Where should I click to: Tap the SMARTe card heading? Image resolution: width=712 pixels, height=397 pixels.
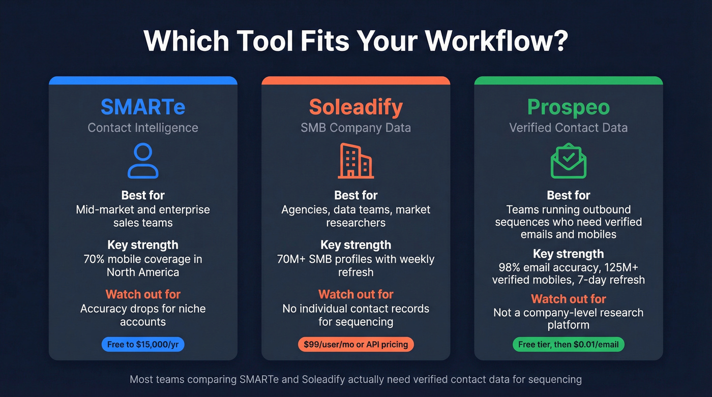pyautogui.click(x=143, y=107)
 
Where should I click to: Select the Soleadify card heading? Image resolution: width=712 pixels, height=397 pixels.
pyautogui.click(x=355, y=107)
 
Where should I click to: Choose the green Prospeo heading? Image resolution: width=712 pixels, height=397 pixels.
pyautogui.click(x=568, y=107)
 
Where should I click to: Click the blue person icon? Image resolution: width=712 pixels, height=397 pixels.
pyautogui.click(x=143, y=161)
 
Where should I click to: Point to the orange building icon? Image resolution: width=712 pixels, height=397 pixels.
pyautogui.click(x=355, y=161)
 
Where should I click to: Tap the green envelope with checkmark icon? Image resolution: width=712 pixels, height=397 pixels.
pyautogui.click(x=568, y=162)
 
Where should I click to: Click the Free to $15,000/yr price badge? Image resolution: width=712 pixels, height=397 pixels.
pyautogui.click(x=143, y=344)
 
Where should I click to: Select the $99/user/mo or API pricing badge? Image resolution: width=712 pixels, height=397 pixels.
pyautogui.click(x=355, y=344)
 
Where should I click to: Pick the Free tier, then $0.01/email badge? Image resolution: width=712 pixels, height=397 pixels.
pyautogui.click(x=568, y=344)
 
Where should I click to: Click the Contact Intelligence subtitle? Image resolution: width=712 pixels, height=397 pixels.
pyautogui.click(x=143, y=127)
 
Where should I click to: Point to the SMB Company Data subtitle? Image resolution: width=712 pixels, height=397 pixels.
pyautogui.click(x=355, y=127)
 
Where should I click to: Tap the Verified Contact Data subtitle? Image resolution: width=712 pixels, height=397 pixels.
pyautogui.click(x=568, y=127)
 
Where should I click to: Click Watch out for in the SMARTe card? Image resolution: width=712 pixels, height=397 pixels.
pyautogui.click(x=143, y=294)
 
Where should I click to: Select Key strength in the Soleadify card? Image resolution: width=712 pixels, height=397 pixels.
pyautogui.click(x=355, y=245)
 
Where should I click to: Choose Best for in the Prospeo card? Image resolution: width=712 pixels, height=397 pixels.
pyautogui.click(x=568, y=195)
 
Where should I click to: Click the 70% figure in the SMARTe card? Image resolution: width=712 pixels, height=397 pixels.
pyautogui.click(x=94, y=259)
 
